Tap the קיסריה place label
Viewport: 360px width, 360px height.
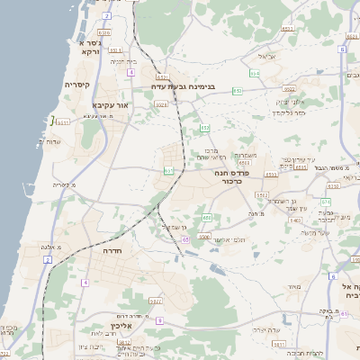(x=75, y=84)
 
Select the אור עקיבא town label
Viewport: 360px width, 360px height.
(x=108, y=104)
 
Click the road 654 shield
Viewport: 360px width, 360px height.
(x=255, y=72)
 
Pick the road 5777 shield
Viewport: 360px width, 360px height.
(x=156, y=301)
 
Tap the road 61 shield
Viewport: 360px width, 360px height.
(x=186, y=241)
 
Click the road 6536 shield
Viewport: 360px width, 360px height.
(x=203, y=237)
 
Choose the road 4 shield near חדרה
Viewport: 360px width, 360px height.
(x=84, y=283)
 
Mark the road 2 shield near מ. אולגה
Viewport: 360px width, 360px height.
(x=47, y=259)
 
